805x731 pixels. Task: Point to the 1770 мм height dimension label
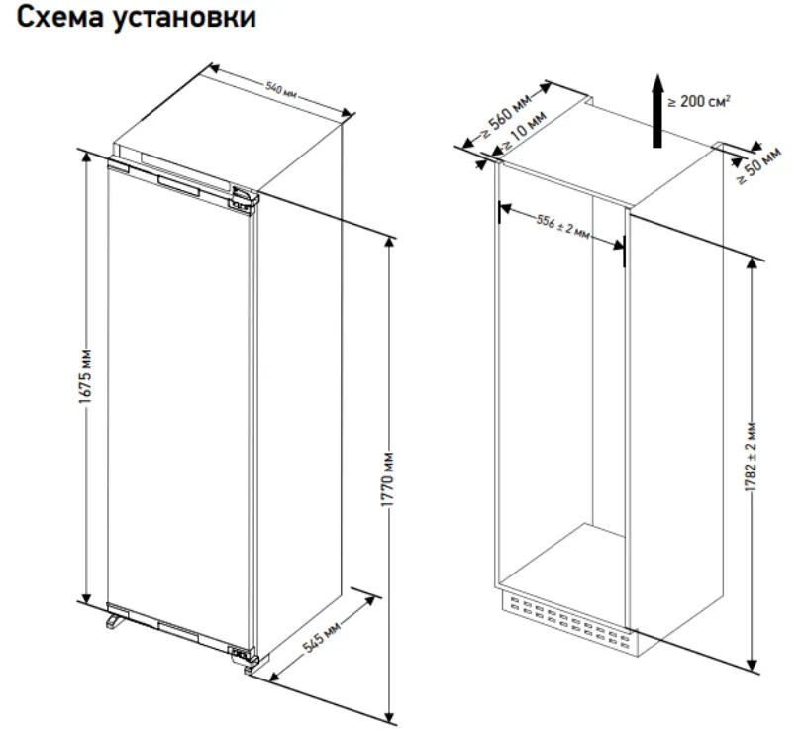(388, 485)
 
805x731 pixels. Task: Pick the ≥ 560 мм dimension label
(505, 117)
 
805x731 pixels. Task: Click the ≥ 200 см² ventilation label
(700, 101)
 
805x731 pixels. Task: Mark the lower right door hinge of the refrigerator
(241, 655)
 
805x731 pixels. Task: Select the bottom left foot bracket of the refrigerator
(114, 619)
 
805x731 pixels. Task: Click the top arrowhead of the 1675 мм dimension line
(87, 157)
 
